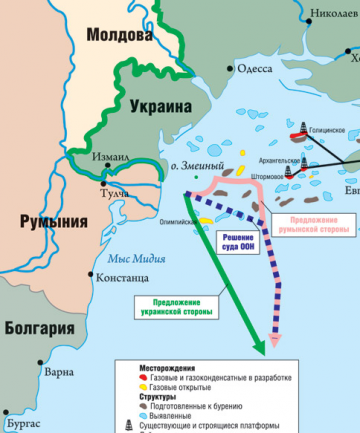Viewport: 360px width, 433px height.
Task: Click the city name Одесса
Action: [255, 68]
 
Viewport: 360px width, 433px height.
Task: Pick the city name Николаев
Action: [332, 14]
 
